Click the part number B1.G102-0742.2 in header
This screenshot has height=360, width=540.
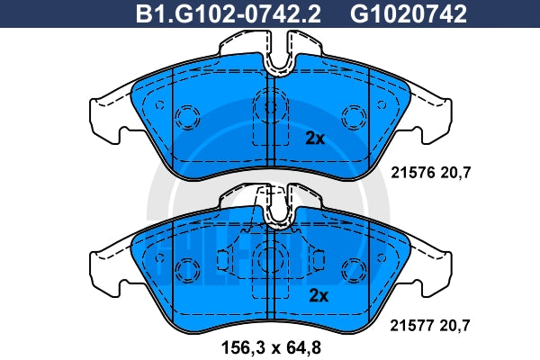(228, 14)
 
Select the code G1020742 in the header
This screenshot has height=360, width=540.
(409, 14)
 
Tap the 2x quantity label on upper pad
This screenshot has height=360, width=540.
(315, 139)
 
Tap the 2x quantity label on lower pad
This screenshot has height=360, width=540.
(319, 295)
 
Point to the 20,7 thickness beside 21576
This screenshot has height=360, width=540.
(455, 173)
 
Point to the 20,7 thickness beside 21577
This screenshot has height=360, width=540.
(454, 325)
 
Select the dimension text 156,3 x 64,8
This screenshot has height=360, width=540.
(271, 347)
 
